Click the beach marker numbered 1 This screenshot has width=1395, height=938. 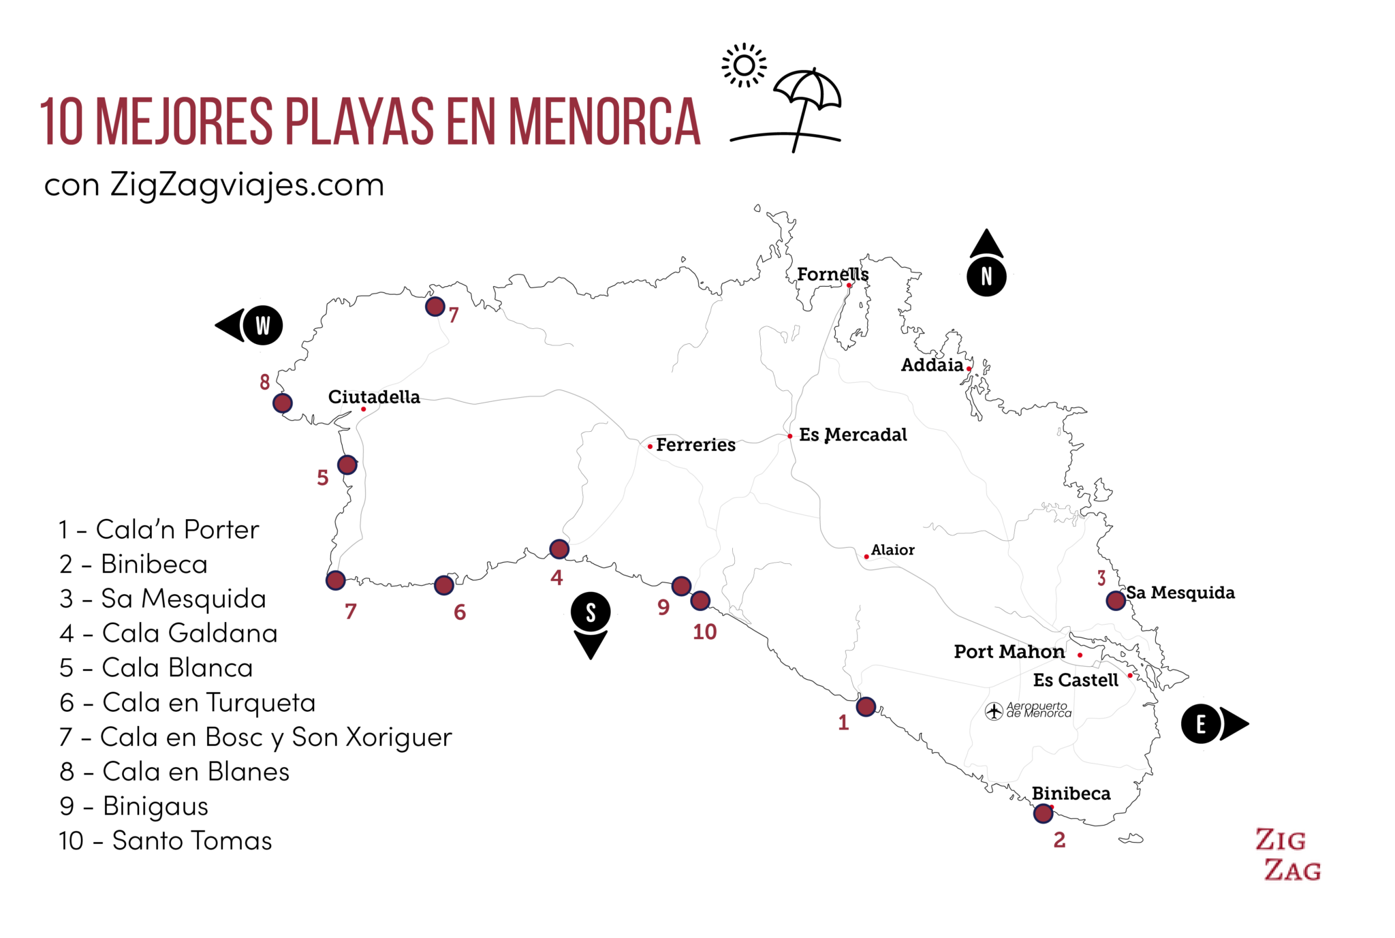[x=866, y=706]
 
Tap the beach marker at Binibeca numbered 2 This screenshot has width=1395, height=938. [x=1043, y=813]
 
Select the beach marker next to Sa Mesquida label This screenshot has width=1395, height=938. [x=1116, y=600]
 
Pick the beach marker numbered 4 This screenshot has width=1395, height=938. [x=559, y=549]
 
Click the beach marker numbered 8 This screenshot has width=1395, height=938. [x=283, y=403]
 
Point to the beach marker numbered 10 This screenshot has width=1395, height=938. [x=700, y=601]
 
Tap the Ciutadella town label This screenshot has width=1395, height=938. [x=374, y=397]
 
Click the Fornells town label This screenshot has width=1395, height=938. [x=832, y=275]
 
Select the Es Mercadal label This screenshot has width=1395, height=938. [x=853, y=435]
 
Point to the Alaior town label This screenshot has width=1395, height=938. [x=892, y=550]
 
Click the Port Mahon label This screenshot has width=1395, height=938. [x=1009, y=652]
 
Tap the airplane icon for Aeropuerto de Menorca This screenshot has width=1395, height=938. [x=994, y=711]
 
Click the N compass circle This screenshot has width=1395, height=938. [x=986, y=277]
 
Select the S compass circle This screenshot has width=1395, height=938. [x=591, y=612]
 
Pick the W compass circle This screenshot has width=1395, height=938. [x=262, y=325]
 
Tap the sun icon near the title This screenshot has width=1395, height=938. [x=744, y=65]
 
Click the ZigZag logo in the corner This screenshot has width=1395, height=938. [x=1289, y=854]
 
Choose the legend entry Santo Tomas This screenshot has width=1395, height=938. [x=166, y=841]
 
